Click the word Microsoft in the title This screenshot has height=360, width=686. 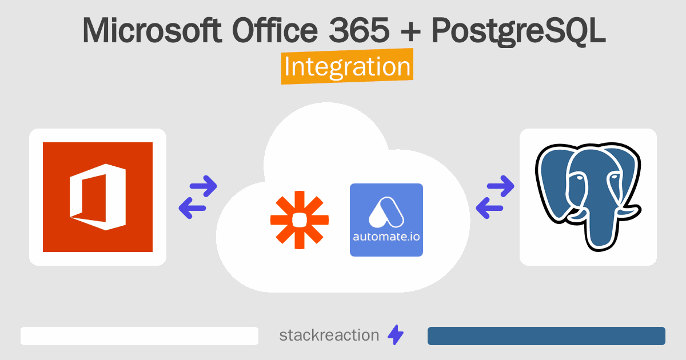click(152, 31)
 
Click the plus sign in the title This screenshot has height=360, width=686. click(410, 32)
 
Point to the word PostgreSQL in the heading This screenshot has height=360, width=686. click(519, 32)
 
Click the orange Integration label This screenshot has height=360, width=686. click(348, 66)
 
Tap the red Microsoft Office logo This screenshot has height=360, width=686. click(98, 197)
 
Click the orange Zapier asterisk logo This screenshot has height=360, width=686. click(300, 220)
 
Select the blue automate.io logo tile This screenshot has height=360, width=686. click(386, 220)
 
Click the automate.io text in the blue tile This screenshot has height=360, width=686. click(386, 237)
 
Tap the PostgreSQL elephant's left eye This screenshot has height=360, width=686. click(579, 178)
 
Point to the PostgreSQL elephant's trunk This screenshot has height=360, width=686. click(599, 226)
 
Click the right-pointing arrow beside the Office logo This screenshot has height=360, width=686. click(204, 186)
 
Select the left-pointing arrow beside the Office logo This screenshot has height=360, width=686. click(192, 208)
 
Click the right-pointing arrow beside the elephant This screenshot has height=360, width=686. click(501, 186)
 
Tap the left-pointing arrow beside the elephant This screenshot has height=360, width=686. click(489, 208)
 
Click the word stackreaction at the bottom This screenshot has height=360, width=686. click(329, 335)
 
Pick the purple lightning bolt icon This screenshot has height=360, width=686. click(396, 335)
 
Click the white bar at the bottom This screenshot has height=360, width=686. click(139, 336)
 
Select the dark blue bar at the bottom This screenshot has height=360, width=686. click(547, 336)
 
